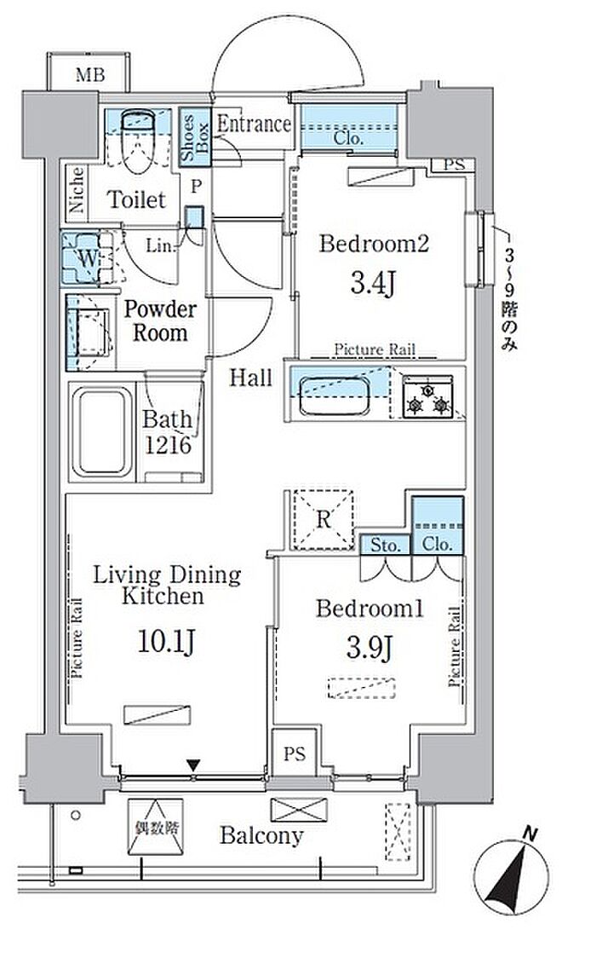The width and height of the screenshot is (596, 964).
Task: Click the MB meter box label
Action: [90, 75]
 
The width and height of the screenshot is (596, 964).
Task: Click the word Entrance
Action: [253, 124]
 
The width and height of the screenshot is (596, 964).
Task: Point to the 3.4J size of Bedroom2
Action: [373, 283]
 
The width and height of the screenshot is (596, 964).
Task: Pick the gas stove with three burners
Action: [427, 397]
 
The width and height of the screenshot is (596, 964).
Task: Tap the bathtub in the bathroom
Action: [102, 432]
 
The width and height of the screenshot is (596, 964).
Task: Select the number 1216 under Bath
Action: [168, 445]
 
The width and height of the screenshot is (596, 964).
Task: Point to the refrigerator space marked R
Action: [324, 519]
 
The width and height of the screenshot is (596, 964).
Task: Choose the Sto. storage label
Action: [385, 545]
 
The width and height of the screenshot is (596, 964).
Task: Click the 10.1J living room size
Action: [166, 642]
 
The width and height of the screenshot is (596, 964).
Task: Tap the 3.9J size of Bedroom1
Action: [370, 648]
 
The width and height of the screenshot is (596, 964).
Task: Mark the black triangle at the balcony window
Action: [193, 765]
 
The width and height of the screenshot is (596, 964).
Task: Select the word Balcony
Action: [261, 835]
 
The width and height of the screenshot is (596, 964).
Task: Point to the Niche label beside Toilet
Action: [76, 189]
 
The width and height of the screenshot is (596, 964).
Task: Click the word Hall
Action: [250, 378]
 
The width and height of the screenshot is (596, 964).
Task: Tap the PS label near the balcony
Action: [295, 753]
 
